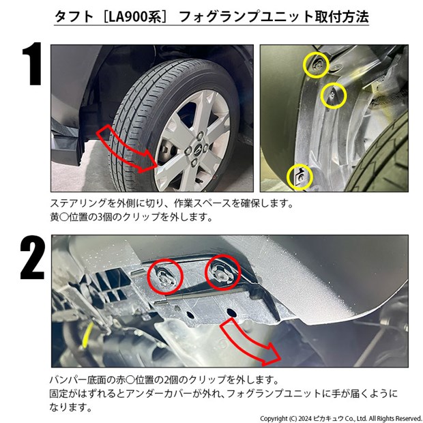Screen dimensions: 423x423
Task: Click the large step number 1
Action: coord(33,64)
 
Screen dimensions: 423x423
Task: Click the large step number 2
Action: coord(32,257)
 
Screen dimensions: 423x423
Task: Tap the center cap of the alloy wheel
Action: coord(197,149)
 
